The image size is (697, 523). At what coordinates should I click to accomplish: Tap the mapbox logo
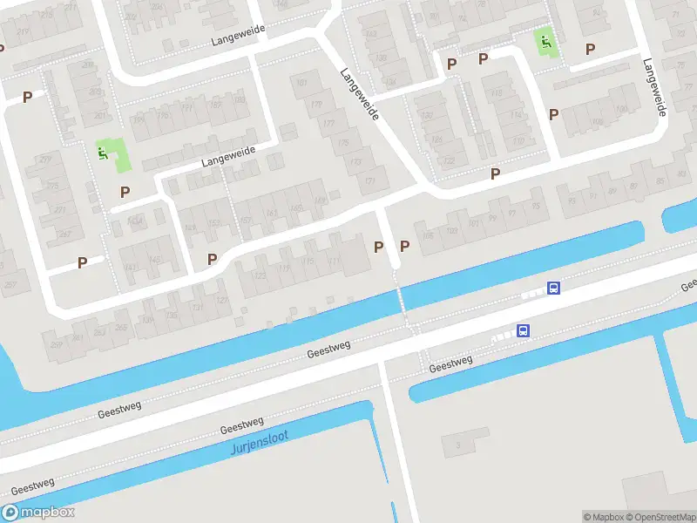pyautogui.click(x=38, y=513)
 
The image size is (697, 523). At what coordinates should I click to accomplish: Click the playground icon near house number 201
pyautogui.click(x=103, y=153)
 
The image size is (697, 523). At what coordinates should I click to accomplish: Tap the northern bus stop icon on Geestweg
pyautogui.click(x=552, y=288)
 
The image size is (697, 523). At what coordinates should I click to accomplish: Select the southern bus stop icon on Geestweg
pyautogui.click(x=523, y=330)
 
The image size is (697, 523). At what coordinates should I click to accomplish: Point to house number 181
pyautogui.click(x=302, y=84)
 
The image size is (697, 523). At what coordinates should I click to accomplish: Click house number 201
pyautogui.click(x=100, y=116)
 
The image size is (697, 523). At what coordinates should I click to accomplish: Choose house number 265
pyautogui.click(x=120, y=328)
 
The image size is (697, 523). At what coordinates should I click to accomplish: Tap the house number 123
pyautogui.click(x=260, y=275)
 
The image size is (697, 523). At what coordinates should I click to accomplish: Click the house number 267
pyautogui.click(x=63, y=234)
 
